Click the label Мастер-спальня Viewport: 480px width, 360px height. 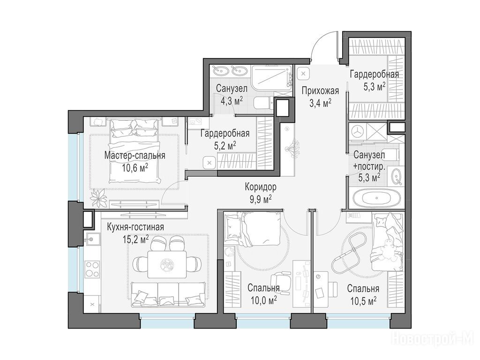[135, 155]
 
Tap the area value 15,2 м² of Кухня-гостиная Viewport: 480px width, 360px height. [135, 239]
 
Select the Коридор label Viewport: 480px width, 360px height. [261, 187]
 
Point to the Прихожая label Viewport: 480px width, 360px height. [320, 91]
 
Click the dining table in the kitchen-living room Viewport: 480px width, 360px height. [167, 264]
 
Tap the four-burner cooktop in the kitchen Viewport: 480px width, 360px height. [92, 269]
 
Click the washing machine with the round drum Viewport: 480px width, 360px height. [357, 132]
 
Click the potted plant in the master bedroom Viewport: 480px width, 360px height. [98, 198]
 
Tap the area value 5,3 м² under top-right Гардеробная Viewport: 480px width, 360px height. [374, 87]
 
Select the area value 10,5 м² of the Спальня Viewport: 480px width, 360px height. [363, 300]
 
